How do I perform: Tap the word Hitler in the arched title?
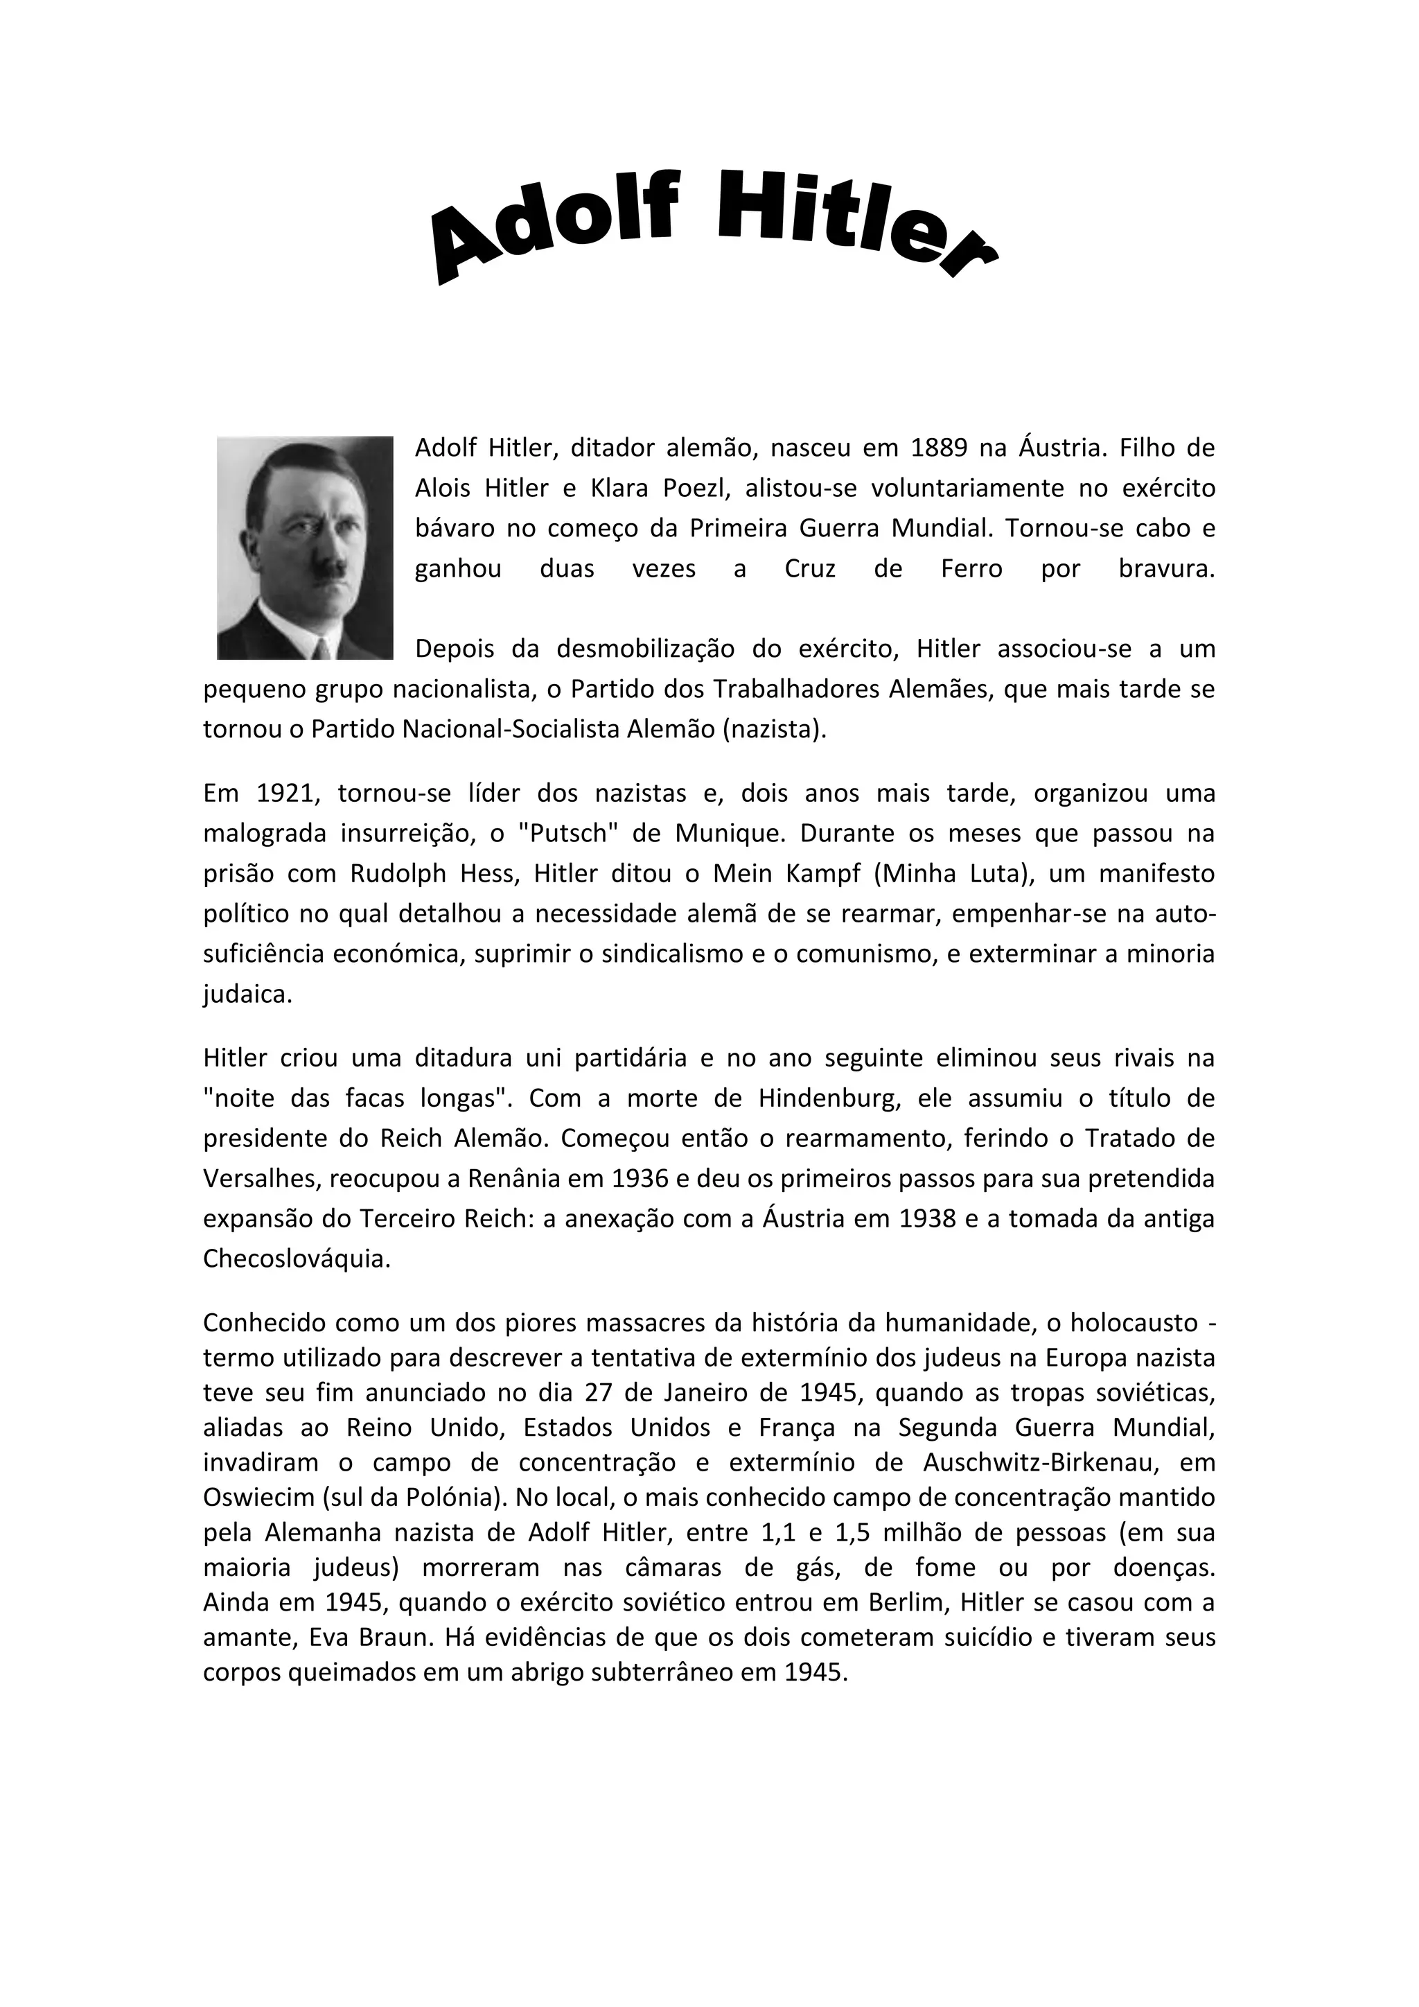point(852,223)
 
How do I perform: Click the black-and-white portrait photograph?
point(304,547)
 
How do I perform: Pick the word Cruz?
point(810,569)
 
